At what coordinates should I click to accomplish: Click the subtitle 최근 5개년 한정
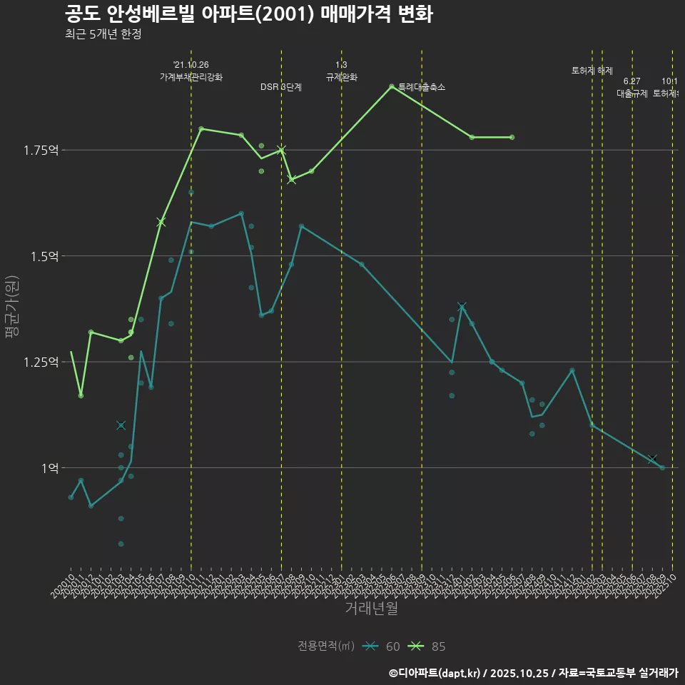point(103,34)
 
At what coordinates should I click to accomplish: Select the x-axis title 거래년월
point(371,608)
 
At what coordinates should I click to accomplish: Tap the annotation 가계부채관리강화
point(191,76)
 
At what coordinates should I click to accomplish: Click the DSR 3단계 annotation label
point(281,87)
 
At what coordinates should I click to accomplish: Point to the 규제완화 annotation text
point(341,76)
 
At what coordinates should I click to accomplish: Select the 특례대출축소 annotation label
point(421,87)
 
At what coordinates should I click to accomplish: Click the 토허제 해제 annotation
point(592,71)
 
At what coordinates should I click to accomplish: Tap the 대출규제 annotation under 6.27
point(632,93)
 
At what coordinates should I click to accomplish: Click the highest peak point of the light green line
point(392,86)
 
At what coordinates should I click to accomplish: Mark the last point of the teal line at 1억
point(662,468)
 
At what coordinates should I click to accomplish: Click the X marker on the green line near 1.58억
point(161,222)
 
